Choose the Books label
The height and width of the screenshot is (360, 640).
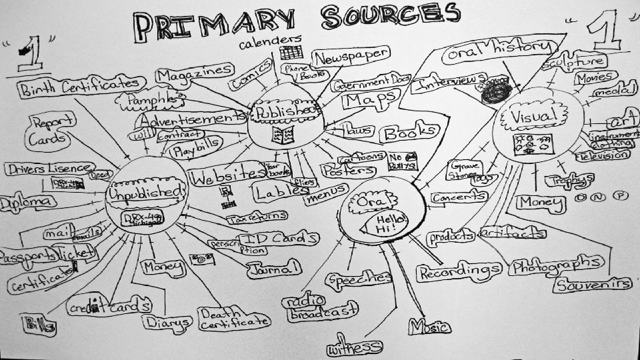pos(409,133)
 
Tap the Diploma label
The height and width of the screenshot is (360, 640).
pos(27,202)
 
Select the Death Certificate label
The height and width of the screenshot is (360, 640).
pos(234,318)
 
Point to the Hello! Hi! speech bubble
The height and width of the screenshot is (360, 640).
pos(385,223)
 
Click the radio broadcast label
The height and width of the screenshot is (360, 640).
pos(319,307)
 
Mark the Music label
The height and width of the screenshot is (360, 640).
pos(428,327)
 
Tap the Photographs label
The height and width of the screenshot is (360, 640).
pos(559,265)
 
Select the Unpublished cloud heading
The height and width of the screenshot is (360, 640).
pos(145,193)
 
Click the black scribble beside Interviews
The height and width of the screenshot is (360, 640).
pos(495,92)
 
